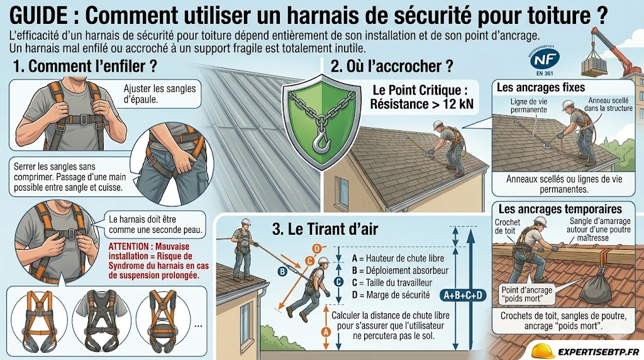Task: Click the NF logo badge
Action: click(x=545, y=59)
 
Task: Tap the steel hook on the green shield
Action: click(x=321, y=139)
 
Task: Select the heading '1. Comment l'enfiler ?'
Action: click(x=85, y=65)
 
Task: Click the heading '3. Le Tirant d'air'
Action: click(x=325, y=229)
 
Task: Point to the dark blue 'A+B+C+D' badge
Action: click(x=463, y=295)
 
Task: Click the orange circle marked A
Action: click(x=326, y=332)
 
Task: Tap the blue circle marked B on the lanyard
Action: click(x=282, y=271)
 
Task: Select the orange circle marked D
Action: click(x=317, y=249)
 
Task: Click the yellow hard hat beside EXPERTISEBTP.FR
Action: click(x=543, y=351)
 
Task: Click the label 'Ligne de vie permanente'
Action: click(x=528, y=106)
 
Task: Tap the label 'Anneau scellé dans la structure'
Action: click(x=608, y=104)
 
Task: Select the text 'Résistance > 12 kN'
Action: click(x=421, y=104)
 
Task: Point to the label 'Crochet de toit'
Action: click(x=508, y=227)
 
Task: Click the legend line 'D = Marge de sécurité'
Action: click(x=391, y=295)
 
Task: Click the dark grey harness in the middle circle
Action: click(x=101, y=320)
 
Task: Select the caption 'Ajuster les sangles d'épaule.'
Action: click(x=160, y=94)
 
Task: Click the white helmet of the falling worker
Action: click(x=323, y=260)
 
